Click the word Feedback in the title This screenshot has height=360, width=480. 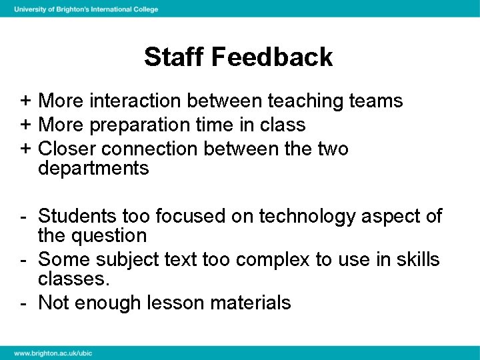pos(272,57)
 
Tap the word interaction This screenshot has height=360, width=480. pos(136,101)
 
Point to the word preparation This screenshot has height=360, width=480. pos(138,125)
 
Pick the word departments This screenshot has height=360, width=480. pos(93,169)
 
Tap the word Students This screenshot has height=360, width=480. pos(77,215)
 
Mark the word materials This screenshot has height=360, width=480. pos(250,303)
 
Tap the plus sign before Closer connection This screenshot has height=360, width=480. pos(24,148)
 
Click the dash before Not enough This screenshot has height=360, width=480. pos(24,303)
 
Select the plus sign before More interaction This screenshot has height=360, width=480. pos(24,101)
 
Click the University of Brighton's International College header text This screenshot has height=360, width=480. pos(86,9)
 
